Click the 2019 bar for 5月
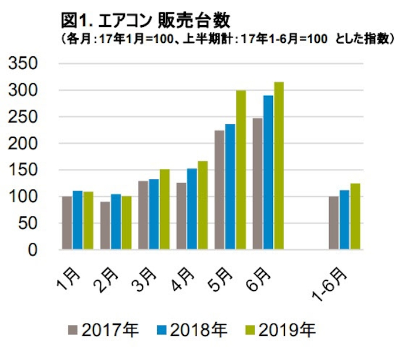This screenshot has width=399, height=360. [241, 170]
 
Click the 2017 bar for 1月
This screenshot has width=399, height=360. [67, 223]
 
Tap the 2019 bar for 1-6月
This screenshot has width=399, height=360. [354, 216]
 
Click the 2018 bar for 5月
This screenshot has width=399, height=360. [230, 187]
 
